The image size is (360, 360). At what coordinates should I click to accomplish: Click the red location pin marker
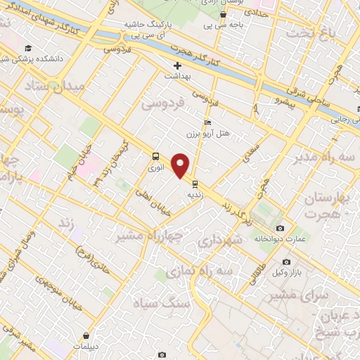pyautogui.click(x=182, y=165)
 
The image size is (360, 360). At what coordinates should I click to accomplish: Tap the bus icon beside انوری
pyautogui.click(x=155, y=157)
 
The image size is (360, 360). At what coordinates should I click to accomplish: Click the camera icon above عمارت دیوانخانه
pyautogui.click(x=281, y=228)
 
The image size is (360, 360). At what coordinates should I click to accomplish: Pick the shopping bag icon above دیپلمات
pyautogui.click(x=86, y=336)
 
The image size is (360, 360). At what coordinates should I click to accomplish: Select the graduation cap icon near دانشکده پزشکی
pyautogui.click(x=27, y=49)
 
